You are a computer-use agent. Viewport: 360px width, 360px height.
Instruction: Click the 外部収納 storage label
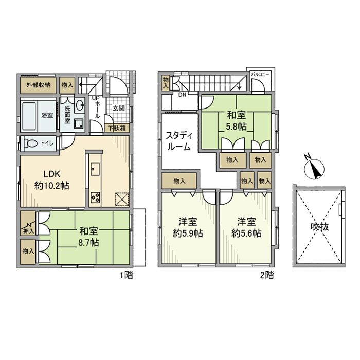tap(38, 85)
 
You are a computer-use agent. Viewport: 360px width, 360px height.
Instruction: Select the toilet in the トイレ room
tap(32, 143)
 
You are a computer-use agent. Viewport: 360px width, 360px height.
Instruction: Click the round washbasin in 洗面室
tap(80, 105)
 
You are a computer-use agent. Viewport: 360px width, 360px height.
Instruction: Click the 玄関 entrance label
tap(118, 108)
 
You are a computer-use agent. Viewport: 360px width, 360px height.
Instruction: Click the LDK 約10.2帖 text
tap(52, 180)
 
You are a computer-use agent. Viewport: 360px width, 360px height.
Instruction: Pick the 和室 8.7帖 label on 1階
tap(88, 237)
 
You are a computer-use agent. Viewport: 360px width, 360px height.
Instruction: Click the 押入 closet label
tap(28, 232)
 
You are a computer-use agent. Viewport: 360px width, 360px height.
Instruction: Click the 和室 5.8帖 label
tap(237, 120)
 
